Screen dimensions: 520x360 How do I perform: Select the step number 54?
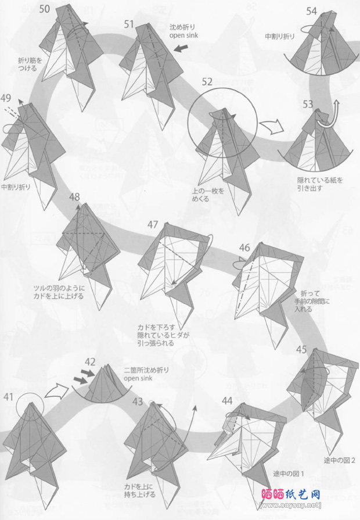tap(311, 11)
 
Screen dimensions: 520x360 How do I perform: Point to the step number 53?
tap(308, 104)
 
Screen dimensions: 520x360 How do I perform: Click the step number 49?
tap(6, 97)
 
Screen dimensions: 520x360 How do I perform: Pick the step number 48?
tap(74, 197)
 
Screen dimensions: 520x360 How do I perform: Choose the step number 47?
tap(153, 224)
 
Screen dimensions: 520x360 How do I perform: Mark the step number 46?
tap(244, 248)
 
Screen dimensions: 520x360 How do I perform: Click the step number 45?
tap(301, 349)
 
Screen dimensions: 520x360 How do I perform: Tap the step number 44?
tap(228, 400)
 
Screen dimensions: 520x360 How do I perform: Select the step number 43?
tap(138, 401)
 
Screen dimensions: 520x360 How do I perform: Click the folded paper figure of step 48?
tap(87, 244)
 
